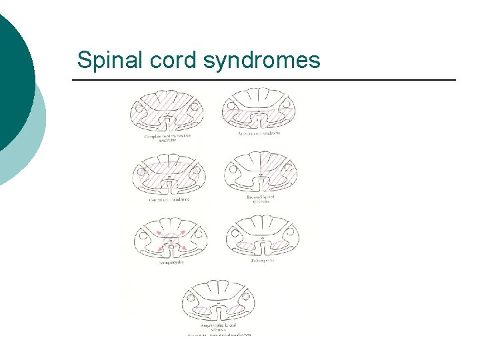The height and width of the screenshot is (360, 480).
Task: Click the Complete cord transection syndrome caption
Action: point(167,137)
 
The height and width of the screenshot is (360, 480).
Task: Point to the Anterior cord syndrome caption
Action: point(259,133)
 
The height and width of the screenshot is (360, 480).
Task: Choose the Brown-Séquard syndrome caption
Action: point(260,199)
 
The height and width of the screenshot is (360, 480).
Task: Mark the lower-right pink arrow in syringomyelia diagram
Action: point(183,247)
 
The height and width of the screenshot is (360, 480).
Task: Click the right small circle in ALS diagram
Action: point(245,297)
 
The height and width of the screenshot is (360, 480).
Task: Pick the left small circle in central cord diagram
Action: point(141,172)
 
